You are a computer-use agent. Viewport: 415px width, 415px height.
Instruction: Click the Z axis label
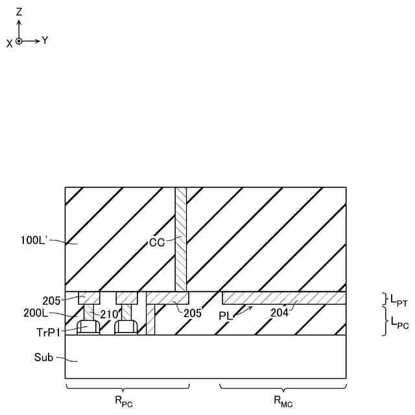click(19, 11)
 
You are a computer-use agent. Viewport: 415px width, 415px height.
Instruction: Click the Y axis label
click(45, 40)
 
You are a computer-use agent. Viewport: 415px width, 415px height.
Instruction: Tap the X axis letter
click(9, 42)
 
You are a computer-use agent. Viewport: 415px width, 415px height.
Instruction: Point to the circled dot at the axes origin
click(19, 41)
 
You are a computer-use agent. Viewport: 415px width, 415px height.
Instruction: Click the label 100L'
click(33, 241)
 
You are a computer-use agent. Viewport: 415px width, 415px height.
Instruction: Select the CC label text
click(156, 243)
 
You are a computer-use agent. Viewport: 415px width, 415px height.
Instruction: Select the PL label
click(225, 314)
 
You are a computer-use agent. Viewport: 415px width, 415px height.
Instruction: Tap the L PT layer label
click(397, 300)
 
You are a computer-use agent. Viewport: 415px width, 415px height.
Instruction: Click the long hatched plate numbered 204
click(283, 298)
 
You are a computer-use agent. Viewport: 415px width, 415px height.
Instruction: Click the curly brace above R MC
click(282, 388)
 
